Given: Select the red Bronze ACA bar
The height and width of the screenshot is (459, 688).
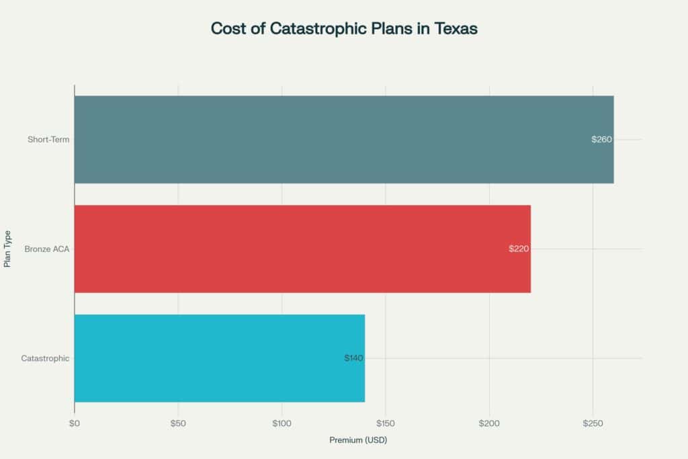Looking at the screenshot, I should click(302, 249).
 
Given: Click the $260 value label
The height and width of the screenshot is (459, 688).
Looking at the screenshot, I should click(601, 140).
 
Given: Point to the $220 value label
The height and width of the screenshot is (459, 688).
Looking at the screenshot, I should click(519, 249).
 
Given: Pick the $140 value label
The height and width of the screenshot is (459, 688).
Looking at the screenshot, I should click(353, 358).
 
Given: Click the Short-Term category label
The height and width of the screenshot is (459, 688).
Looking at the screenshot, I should click(48, 140).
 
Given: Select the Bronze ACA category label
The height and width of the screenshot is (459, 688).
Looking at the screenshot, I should click(47, 249).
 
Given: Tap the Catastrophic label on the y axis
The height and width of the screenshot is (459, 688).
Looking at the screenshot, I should click(45, 358).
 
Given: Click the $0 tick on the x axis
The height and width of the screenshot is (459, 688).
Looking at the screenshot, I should click(74, 424).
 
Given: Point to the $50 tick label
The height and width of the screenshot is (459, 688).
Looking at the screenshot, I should click(178, 424).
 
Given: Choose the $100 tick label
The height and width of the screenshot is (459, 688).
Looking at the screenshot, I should click(282, 424).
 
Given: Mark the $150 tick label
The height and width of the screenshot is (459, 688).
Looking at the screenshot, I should click(385, 424).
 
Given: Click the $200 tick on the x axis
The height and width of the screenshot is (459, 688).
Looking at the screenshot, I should click(489, 424).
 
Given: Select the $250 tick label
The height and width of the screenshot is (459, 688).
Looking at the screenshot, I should click(593, 424).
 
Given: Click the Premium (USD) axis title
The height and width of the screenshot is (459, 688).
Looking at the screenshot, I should click(358, 441).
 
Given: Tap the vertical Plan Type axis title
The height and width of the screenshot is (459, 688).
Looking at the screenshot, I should click(8, 249).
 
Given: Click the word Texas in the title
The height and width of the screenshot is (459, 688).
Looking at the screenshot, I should click(454, 30).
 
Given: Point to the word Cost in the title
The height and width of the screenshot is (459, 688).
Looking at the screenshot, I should click(227, 30).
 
